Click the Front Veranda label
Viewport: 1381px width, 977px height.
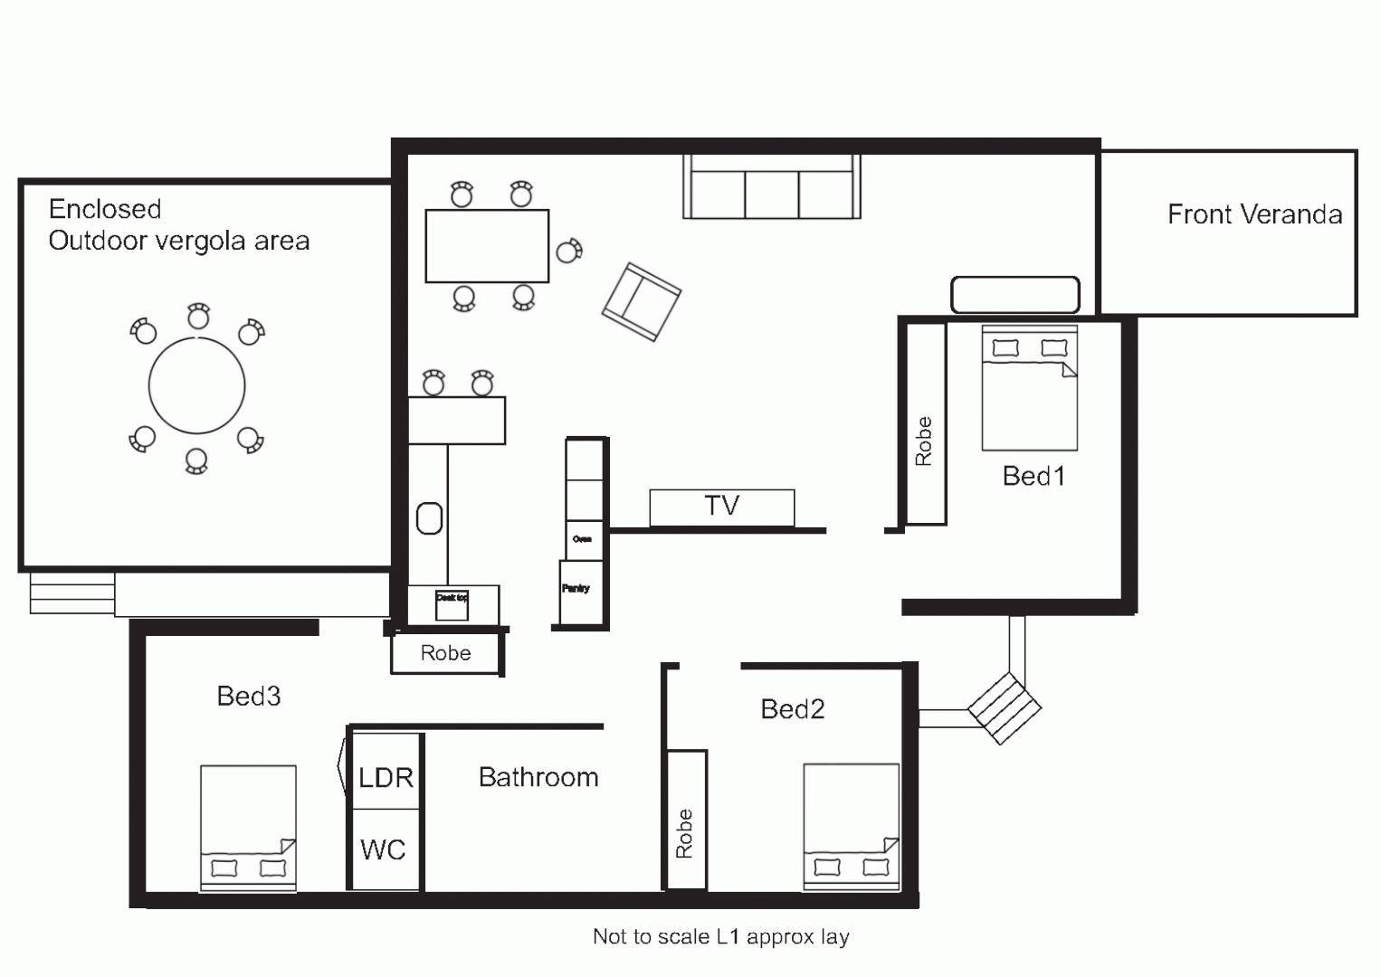coord(1254,214)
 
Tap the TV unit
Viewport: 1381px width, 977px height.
coord(721,507)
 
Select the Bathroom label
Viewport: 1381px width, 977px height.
coord(538,777)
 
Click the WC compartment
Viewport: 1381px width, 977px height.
coord(384,849)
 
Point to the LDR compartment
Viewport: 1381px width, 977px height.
coord(386,776)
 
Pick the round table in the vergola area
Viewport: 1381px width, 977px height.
coord(196,385)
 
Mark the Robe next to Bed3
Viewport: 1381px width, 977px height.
coord(445,653)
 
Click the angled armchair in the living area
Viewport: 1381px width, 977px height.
coord(641,301)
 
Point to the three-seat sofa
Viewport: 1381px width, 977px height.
coord(771,191)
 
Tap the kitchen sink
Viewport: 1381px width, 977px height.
coord(429,518)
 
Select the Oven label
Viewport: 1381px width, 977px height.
coord(582,539)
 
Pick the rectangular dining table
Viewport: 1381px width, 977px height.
coord(487,246)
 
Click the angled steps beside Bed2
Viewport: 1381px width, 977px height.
coord(1005,708)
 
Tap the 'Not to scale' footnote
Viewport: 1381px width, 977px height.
coord(720,936)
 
